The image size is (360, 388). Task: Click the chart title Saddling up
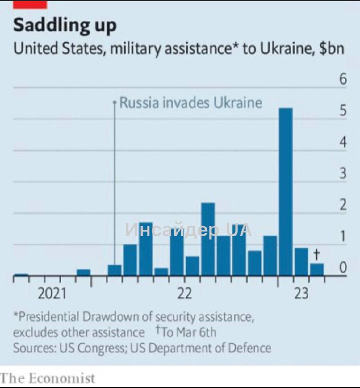click(65, 25)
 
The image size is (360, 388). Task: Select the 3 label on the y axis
click(343, 174)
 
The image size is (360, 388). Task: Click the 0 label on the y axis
click(343, 267)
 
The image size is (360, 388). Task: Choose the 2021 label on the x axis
click(52, 293)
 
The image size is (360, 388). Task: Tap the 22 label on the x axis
click(184, 293)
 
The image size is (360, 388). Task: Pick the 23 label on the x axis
click(301, 293)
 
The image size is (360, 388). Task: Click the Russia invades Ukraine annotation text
click(191, 103)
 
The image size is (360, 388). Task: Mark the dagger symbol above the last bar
click(317, 254)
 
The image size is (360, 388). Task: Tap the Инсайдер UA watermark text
click(188, 230)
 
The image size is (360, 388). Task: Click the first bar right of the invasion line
click(115, 271)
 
